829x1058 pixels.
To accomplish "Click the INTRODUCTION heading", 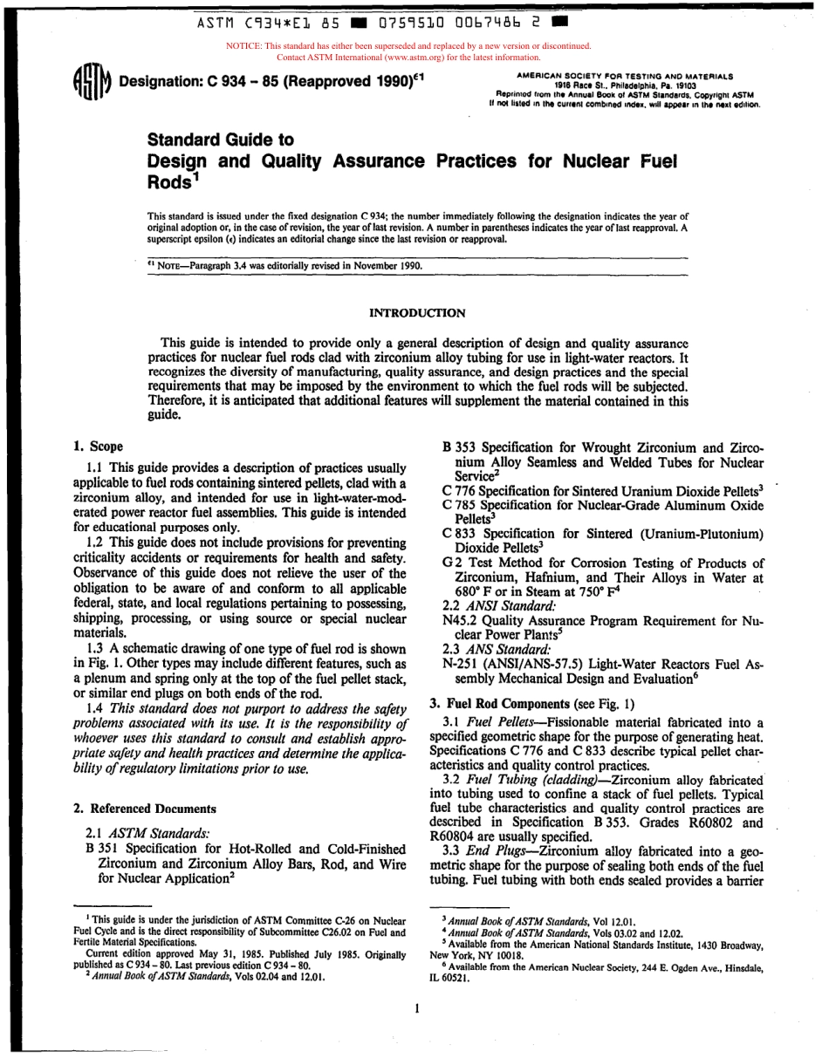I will [417, 312].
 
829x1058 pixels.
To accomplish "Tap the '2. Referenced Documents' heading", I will [144, 809].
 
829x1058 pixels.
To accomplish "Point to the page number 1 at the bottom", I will [417, 1008].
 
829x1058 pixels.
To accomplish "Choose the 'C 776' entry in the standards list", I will [458, 490].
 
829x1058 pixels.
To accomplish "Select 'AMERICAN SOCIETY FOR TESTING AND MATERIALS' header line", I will [625, 77].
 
